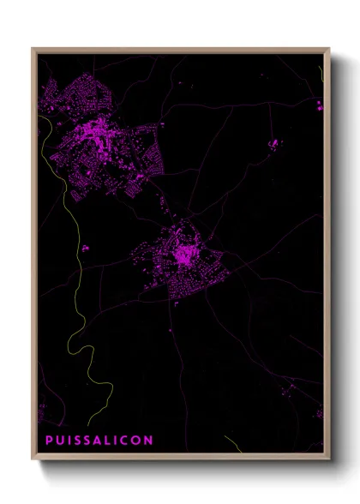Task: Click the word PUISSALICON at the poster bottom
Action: tap(99, 441)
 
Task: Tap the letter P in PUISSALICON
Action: tap(48, 441)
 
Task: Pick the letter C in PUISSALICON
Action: tap(125, 441)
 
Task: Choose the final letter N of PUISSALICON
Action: tap(149, 441)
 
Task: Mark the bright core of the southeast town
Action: tap(183, 255)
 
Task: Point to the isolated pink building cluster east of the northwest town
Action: tap(275, 143)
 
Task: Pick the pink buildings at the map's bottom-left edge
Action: tap(41, 412)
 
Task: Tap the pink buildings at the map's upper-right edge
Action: tap(319, 106)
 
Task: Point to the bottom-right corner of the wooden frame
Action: tap(329, 459)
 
